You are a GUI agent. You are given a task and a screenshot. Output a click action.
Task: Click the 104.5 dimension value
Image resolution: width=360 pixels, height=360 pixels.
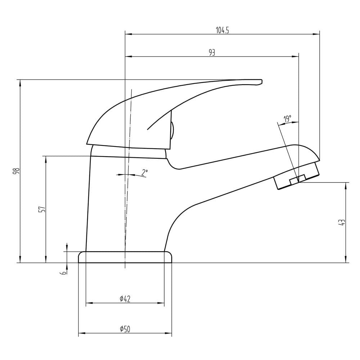[222, 30]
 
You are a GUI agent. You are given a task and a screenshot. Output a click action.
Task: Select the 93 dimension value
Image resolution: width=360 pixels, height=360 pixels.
[212, 53]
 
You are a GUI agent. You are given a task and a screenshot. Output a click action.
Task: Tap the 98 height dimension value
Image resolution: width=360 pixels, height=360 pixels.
[17, 171]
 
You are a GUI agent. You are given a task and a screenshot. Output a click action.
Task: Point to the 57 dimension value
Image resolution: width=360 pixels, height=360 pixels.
[42, 209]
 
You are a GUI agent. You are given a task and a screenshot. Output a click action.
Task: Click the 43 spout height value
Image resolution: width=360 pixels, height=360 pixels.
[342, 222]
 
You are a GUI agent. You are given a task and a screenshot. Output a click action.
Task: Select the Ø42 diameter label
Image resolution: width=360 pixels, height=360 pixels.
[125, 299]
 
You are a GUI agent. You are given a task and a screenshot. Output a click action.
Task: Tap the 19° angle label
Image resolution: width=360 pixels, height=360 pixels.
[287, 119]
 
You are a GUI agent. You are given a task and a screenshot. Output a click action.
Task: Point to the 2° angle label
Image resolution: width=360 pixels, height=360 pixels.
[144, 172]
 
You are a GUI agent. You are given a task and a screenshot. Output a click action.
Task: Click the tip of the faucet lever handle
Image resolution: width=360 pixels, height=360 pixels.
[261, 82]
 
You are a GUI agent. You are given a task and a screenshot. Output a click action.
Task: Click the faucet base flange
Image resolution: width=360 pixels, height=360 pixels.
[125, 257]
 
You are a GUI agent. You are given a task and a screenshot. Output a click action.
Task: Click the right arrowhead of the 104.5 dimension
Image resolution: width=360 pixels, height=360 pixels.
[316, 34]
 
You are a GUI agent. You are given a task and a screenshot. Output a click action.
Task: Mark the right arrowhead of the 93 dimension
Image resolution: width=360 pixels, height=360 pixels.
[296, 57]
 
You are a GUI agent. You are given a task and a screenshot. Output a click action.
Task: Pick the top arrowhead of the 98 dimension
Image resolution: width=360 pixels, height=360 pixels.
[20, 83]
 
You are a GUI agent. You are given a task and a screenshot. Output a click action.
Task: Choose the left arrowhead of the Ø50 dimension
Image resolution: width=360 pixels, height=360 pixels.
[82, 333]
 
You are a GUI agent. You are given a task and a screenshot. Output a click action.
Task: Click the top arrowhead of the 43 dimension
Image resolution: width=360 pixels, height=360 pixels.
[346, 186]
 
